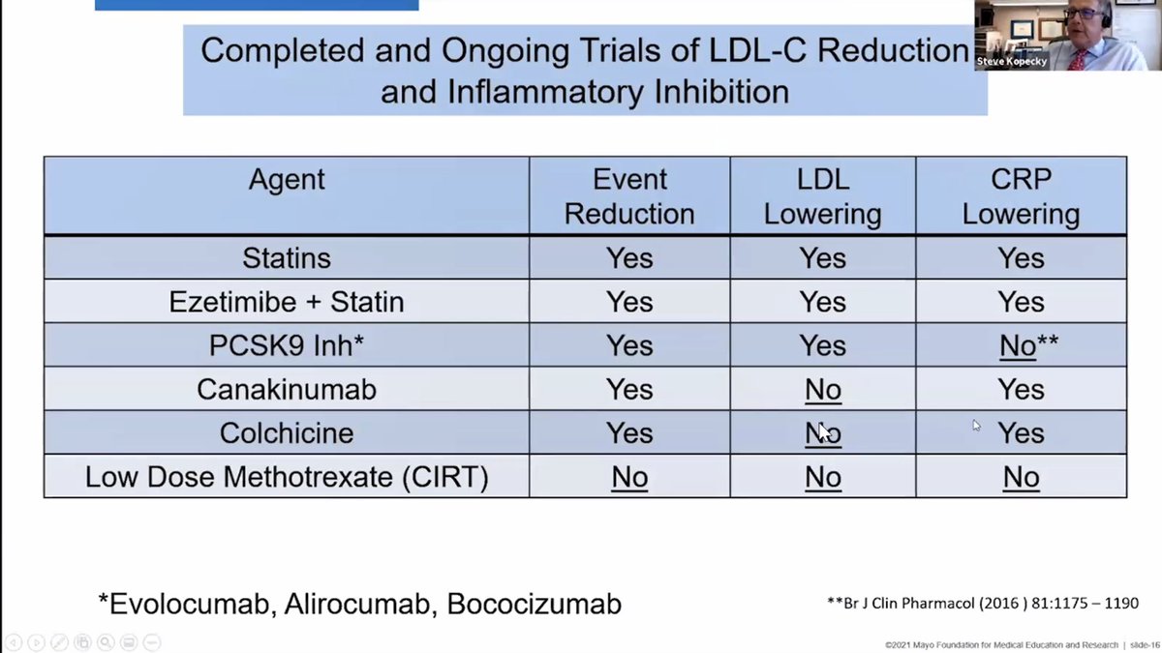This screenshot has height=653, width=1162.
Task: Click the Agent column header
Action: pos(287,180)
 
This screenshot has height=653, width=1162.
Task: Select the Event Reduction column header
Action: pos(629,196)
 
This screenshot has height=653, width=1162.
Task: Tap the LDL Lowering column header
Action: pos(822,196)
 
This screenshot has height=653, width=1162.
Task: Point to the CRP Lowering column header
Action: pos(1021,196)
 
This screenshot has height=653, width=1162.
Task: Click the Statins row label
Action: pos(287,258)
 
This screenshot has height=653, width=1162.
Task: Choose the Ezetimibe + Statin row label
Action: pos(287,302)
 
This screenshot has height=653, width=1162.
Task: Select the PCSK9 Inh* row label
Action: pos(287,345)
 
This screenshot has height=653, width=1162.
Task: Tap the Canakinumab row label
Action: pos(287,389)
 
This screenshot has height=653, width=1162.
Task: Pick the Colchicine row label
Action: pos(287,432)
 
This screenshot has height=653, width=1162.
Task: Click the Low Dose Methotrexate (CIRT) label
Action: pos(287,477)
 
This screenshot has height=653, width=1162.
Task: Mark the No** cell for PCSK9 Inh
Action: pos(1027,345)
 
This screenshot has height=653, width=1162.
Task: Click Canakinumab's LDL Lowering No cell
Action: pos(822,389)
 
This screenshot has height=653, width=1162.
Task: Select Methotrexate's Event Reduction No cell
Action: pos(629,477)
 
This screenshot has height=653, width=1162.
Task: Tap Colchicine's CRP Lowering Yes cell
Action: pos(1021,432)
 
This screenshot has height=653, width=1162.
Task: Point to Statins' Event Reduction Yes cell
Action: pos(629,258)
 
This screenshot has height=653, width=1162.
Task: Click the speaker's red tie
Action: pos(1078,57)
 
